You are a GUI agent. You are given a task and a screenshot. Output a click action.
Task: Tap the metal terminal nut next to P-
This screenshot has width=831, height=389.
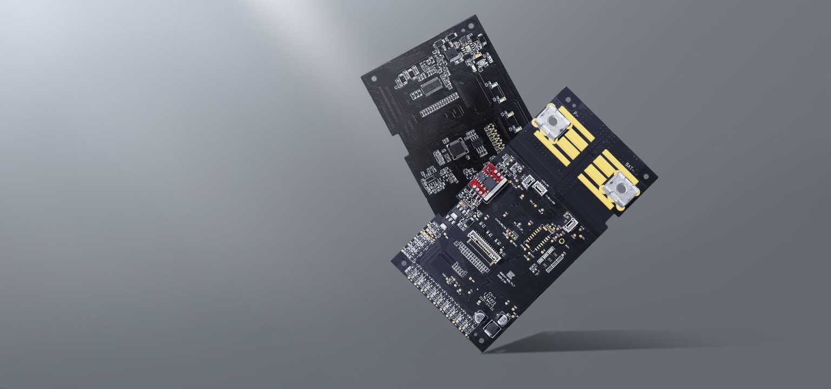[x=552, y=122]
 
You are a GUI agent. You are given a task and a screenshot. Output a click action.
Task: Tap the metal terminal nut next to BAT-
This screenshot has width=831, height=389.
[x=621, y=189]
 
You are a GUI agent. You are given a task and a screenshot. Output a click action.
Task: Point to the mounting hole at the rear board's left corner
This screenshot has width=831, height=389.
[x=373, y=79]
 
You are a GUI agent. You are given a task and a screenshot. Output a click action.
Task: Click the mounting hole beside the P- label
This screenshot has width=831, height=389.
[x=568, y=100]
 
